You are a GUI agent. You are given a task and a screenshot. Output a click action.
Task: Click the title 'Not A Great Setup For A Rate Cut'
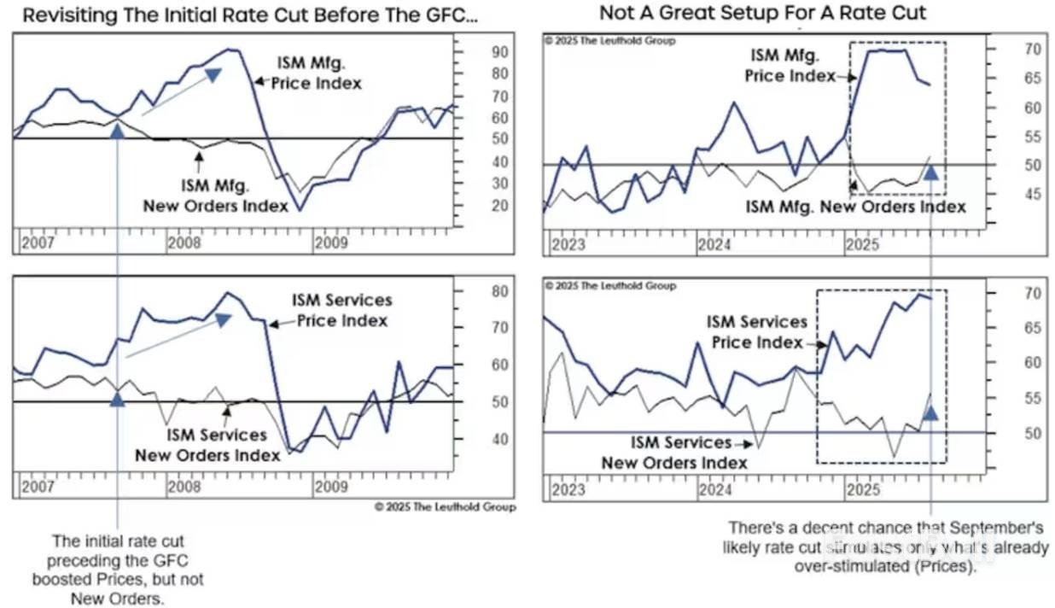click(762, 13)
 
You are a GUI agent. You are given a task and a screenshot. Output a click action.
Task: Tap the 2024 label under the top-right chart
click(715, 245)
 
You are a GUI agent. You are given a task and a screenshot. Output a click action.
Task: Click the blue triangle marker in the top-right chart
click(931, 172)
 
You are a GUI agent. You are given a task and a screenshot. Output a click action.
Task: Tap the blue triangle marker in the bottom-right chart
click(931, 413)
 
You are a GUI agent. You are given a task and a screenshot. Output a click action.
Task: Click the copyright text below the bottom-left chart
click(445, 506)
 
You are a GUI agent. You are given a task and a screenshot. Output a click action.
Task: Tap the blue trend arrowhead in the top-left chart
click(213, 75)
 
